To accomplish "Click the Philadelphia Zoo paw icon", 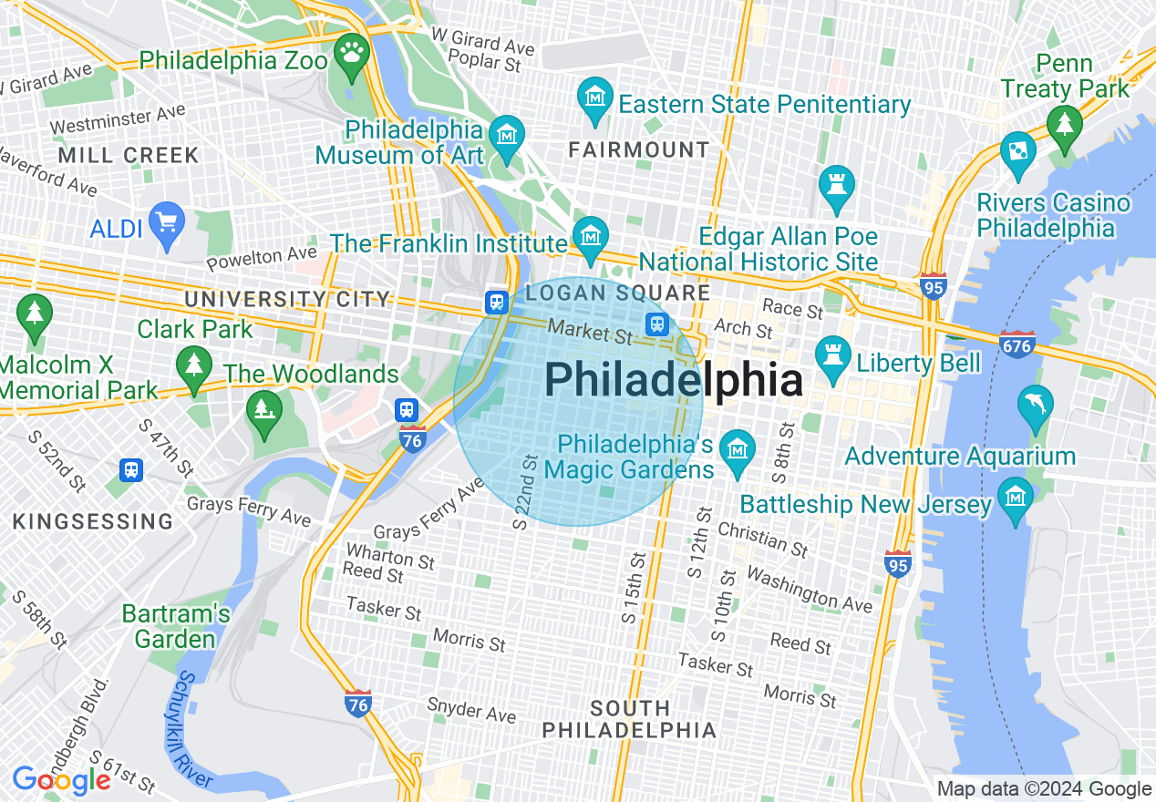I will pos(351,54).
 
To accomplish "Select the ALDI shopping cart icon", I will pos(167,221).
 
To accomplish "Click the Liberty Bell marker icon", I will pos(831,354).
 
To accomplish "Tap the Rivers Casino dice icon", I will pos(1017,151).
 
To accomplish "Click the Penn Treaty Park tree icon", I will pos(1064,126).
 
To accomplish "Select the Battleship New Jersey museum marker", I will pos(1015,499).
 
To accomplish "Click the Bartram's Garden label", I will pos(177,626).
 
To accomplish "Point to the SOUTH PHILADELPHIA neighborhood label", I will pos(629,719).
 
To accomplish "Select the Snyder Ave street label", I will pos(471,709).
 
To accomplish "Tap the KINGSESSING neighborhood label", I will pos(93,521).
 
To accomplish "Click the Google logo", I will pos(61,780).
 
